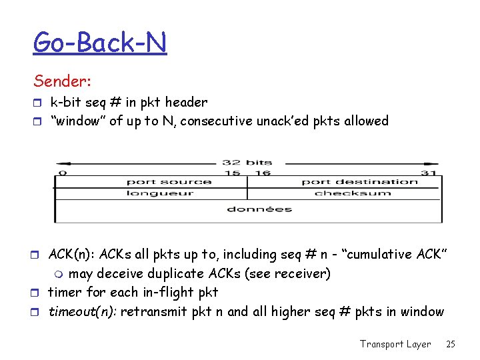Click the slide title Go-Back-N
[100, 43]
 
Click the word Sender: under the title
[63, 81]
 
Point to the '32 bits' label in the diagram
[247, 163]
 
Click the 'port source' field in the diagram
[169, 181]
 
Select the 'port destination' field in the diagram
[359, 181]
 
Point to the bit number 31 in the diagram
[430, 173]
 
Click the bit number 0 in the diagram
[63, 173]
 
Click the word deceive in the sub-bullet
[119, 274]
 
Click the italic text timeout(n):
[83, 312]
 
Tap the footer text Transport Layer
[395, 344]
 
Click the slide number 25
[451, 344]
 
